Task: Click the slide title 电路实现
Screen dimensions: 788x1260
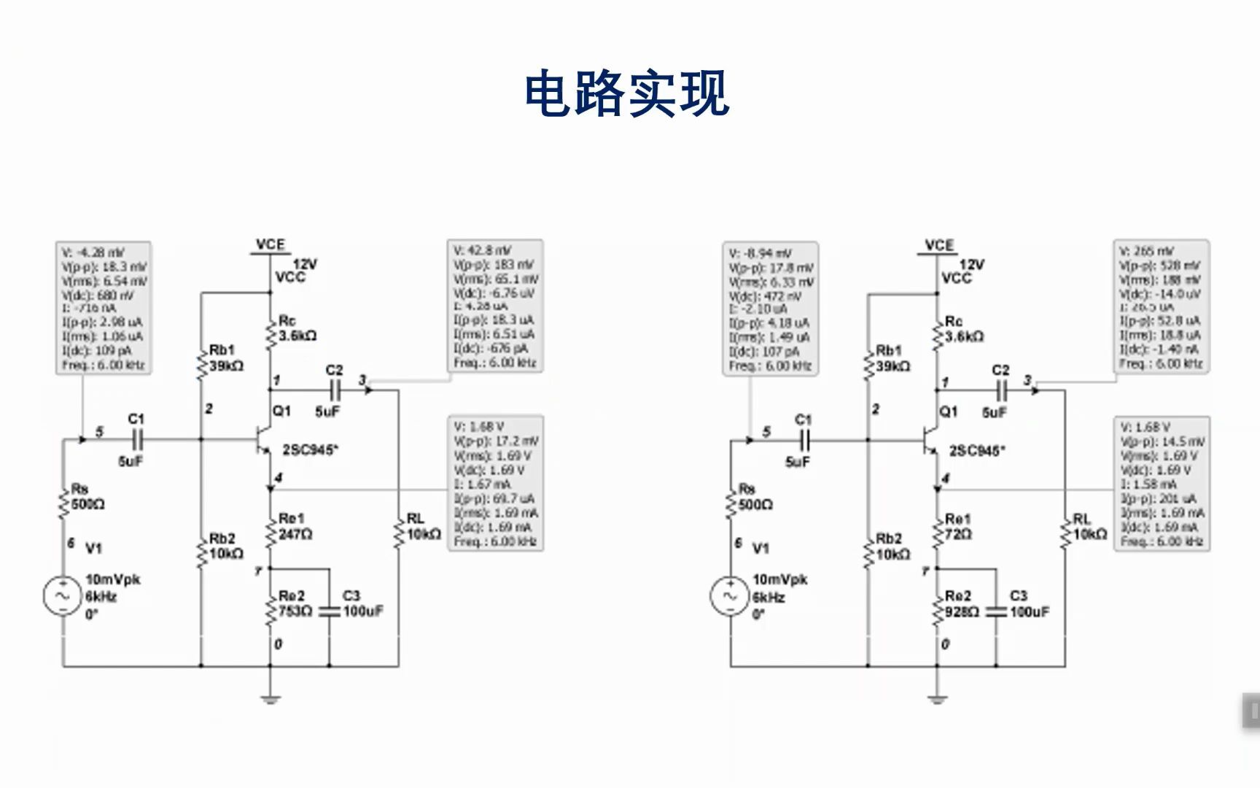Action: coord(627,93)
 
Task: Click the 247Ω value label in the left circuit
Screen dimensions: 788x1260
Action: coord(296,535)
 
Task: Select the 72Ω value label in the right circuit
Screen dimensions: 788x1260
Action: coord(957,535)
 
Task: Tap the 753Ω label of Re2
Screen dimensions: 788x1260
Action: coord(295,611)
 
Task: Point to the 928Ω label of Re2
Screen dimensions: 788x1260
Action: coord(962,612)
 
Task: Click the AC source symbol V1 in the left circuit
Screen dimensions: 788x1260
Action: coord(62,596)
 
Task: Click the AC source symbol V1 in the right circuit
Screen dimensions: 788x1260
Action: coord(728,596)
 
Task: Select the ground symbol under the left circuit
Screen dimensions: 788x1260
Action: coord(271,699)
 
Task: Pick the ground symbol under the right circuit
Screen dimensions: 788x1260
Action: coord(937,699)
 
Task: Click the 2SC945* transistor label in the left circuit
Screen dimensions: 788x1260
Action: coord(311,450)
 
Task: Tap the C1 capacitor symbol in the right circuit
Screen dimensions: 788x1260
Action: coord(804,440)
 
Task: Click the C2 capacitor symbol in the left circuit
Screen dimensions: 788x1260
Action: coord(334,390)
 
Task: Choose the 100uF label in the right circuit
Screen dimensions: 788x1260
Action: coord(1030,612)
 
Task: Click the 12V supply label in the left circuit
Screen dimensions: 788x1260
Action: coord(305,264)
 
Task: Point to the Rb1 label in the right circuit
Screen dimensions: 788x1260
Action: coord(889,350)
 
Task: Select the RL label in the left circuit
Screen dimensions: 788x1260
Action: coord(415,519)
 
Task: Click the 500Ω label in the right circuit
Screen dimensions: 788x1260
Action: coord(755,504)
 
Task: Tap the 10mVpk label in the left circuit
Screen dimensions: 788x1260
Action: coord(113,579)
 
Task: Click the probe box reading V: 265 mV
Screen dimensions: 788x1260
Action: coord(1161,306)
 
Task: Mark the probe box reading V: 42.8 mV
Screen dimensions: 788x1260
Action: coord(495,306)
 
